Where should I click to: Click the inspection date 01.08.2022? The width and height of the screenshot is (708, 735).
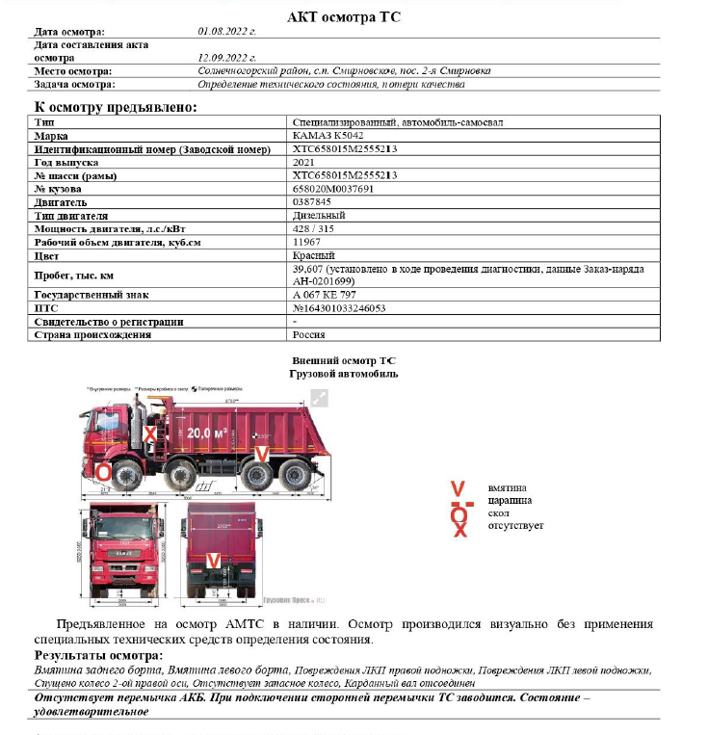226,32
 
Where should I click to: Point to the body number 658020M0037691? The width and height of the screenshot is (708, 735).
332,189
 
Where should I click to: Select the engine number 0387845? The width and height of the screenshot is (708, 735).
311,202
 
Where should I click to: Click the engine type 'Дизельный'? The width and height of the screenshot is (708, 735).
319,216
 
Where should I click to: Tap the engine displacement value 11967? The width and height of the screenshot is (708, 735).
306,242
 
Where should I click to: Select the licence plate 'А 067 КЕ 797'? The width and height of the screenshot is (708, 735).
325,294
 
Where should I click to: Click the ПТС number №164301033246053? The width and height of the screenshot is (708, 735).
339,307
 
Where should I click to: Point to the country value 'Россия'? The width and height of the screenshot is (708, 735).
308,334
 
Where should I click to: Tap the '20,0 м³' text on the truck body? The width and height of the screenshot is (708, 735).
208,433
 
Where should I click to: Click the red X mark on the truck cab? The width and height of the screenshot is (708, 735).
149,434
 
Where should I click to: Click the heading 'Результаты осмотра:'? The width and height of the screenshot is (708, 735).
97,655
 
